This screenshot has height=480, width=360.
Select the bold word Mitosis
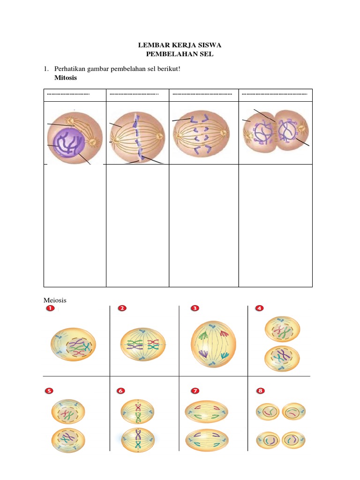click(66, 77)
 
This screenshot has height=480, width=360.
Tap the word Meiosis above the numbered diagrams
click(55, 300)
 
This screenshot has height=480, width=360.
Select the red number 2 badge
click(122, 308)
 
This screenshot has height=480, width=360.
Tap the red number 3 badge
click(195, 308)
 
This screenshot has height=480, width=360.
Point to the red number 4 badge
click(259, 308)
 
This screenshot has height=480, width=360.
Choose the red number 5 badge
click(50, 390)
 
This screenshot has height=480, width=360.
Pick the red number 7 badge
click(194, 390)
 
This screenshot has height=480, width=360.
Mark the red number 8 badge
click(260, 390)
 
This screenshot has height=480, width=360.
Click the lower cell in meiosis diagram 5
click(68, 440)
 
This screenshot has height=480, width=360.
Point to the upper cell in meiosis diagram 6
click(138, 412)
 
